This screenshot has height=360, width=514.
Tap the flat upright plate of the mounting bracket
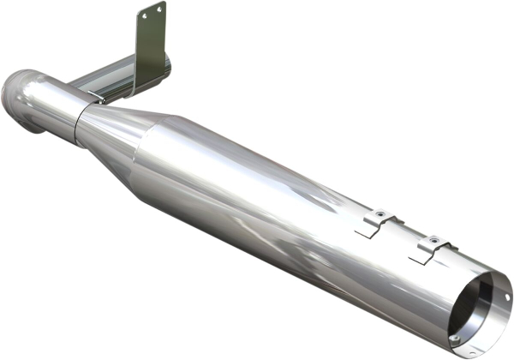pos(151,43)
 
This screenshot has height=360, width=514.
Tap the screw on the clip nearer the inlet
pos(380,215)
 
